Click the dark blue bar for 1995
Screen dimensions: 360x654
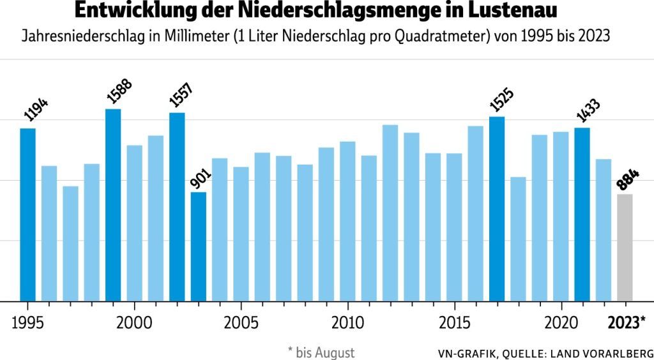pyautogui.click(x=27, y=214)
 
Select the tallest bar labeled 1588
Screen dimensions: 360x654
pyautogui.click(x=113, y=205)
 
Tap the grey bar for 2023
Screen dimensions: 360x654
pyautogui.click(x=625, y=248)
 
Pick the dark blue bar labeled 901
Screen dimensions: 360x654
pyautogui.click(x=199, y=246)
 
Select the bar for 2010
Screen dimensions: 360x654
pyautogui.click(x=347, y=221)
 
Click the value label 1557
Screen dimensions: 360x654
pyautogui.click(x=181, y=95)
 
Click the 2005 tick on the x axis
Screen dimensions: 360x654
pyautogui.click(x=241, y=321)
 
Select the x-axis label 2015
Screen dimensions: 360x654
pyautogui.click(x=454, y=321)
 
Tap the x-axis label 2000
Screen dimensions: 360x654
pyautogui.click(x=134, y=321)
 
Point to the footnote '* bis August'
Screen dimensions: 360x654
pyautogui.click(x=321, y=352)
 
